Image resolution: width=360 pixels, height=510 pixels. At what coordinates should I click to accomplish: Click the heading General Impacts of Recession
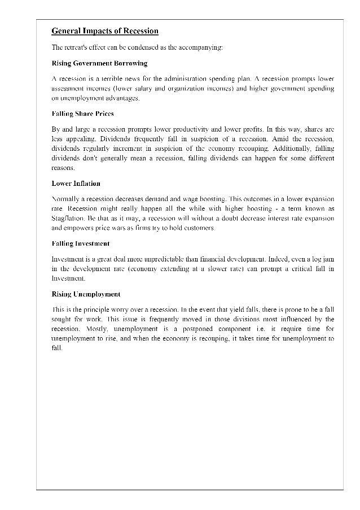pyautogui.click(x=105, y=31)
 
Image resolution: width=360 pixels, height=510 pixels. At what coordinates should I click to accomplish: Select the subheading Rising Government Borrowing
pyautogui.click(x=99, y=63)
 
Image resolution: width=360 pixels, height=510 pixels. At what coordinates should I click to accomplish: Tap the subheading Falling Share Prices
pyautogui.click(x=82, y=114)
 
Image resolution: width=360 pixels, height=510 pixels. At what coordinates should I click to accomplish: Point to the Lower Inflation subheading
pyautogui.click(x=76, y=184)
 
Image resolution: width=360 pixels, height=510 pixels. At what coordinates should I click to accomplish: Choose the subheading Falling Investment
pyautogui.click(x=81, y=243)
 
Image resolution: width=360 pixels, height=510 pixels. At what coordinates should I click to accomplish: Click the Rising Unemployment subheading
pyautogui.click(x=86, y=294)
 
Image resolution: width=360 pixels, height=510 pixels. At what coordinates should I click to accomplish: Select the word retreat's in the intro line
pyautogui.click(x=78, y=47)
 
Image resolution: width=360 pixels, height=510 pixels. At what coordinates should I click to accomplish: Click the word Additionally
pyautogui.click(x=284, y=149)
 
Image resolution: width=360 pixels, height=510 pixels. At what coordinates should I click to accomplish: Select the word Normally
pyautogui.click(x=66, y=199)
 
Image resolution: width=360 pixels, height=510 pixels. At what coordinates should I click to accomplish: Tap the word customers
pyautogui.click(x=199, y=228)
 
